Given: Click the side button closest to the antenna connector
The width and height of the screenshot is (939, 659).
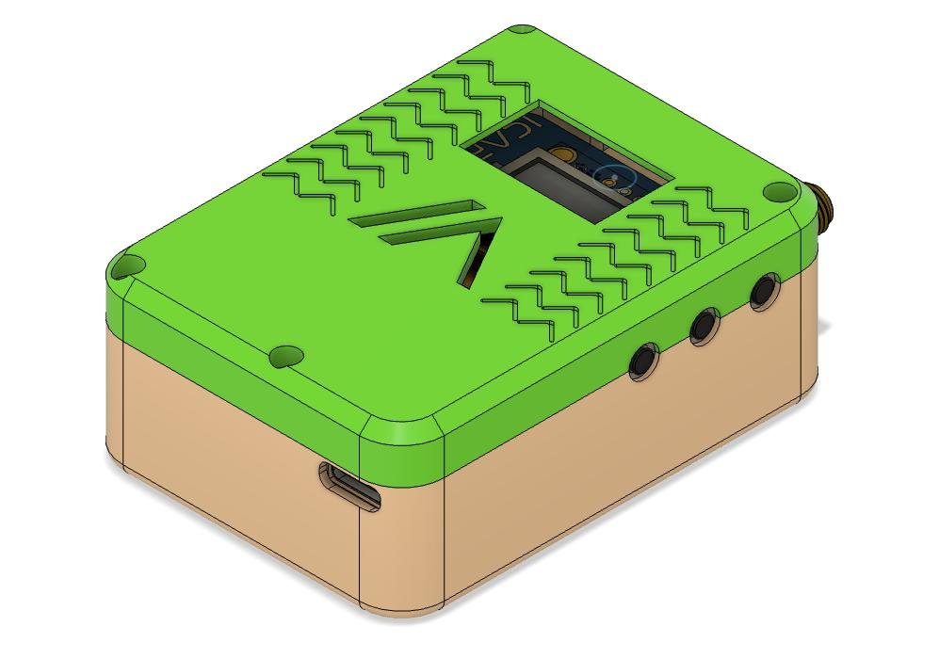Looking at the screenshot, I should [x=763, y=290].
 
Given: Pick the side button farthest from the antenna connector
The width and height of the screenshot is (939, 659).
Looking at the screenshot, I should [x=644, y=361].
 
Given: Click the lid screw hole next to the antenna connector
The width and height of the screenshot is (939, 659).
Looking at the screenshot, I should [x=777, y=192].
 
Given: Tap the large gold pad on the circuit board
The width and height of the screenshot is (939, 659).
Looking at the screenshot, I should [x=562, y=153].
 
